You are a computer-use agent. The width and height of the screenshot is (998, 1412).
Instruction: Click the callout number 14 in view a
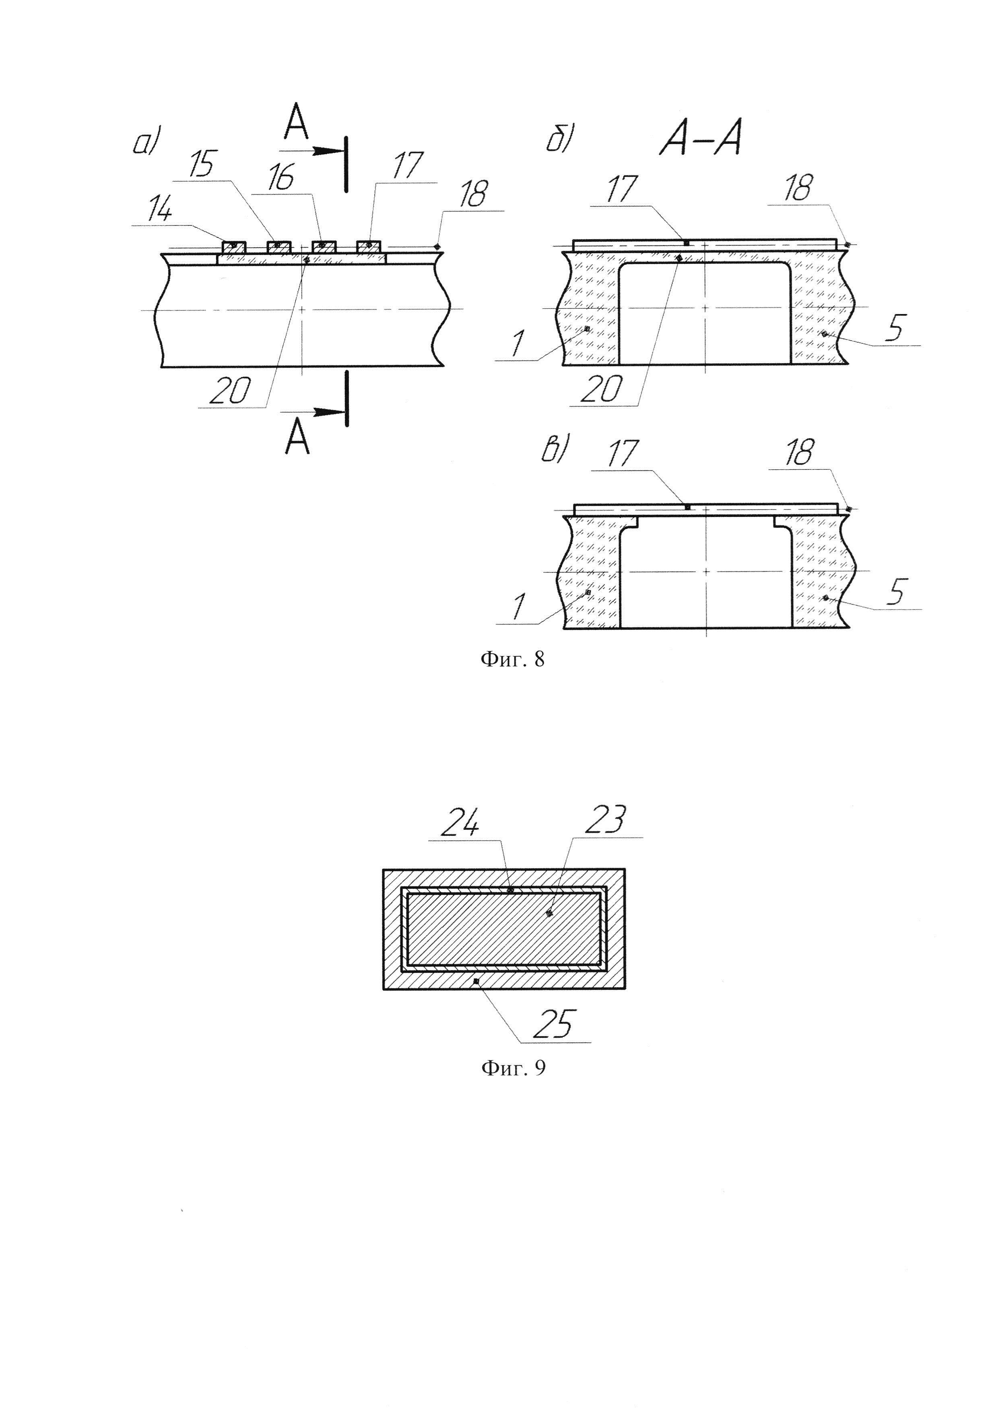[x=159, y=211]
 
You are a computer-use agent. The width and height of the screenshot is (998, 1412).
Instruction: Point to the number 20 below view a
[x=230, y=391]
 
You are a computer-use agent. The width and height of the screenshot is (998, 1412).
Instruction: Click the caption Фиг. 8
[x=512, y=660]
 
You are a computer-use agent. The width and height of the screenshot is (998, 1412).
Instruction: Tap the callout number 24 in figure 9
[x=460, y=822]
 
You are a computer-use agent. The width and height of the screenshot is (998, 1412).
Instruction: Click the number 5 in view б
[x=895, y=330]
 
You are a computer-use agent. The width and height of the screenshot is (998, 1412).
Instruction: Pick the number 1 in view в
[x=519, y=607]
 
